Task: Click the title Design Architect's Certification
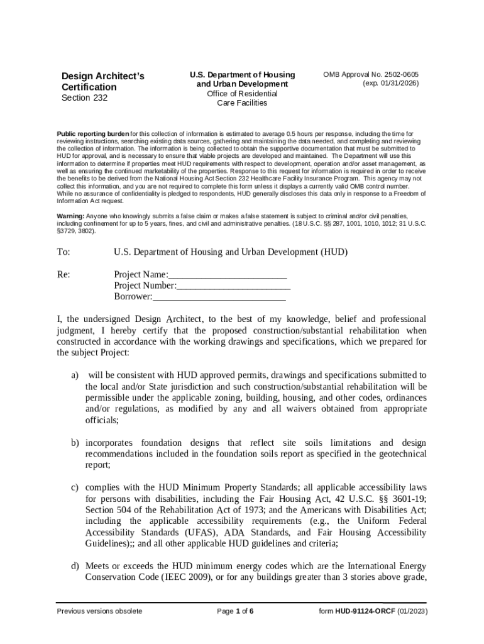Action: tap(102, 82)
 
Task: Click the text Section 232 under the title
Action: tap(84, 98)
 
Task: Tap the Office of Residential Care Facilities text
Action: tap(242, 99)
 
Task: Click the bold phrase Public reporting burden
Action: tap(93, 134)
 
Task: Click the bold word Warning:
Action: tap(71, 216)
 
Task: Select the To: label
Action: tap(63, 252)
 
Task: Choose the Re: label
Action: tap(63, 275)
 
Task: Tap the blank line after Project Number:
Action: tap(233, 286)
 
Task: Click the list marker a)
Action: tap(74, 375)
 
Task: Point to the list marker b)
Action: tap(74, 443)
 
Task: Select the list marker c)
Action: tap(74, 487)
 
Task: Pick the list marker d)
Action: tap(74, 566)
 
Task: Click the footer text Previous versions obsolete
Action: tap(99, 611)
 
